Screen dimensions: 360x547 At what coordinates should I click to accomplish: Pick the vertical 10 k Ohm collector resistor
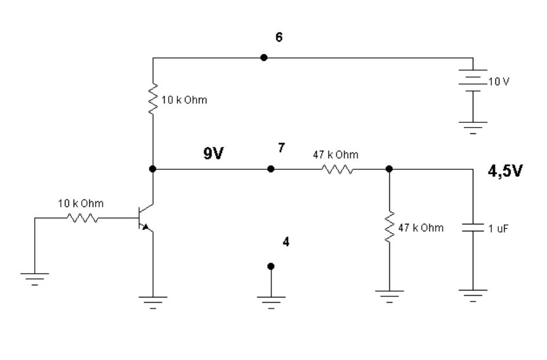(152, 100)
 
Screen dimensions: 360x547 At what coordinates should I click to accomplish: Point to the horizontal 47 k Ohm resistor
(336, 169)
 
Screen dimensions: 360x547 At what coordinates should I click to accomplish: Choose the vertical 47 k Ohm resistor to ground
(389, 227)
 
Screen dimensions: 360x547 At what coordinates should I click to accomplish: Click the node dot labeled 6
(264, 57)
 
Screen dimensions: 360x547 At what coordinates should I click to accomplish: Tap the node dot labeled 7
(270, 169)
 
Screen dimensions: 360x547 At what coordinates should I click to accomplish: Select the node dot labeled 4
(270, 266)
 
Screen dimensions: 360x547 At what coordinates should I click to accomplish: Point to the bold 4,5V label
(504, 172)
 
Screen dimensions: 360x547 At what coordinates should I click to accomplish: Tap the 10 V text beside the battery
(499, 82)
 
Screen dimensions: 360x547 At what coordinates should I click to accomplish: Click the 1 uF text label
(498, 229)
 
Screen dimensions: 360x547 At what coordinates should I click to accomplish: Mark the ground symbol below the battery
(473, 126)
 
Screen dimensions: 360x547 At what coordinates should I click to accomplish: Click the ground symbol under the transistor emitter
(152, 301)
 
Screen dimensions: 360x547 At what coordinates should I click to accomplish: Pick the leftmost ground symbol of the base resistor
(35, 277)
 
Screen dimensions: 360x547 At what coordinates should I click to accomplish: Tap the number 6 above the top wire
(279, 38)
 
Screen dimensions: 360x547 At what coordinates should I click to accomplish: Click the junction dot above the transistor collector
(152, 169)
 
